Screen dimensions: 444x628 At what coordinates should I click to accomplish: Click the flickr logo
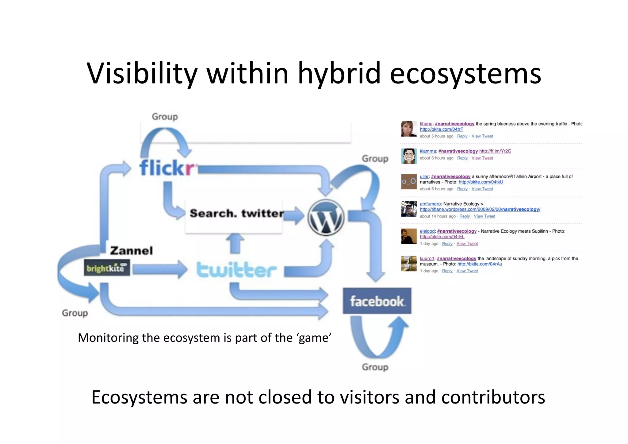point(167,168)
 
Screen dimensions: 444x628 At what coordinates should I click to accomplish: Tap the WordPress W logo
point(326,217)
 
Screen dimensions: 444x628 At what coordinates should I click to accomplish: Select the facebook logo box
point(377,301)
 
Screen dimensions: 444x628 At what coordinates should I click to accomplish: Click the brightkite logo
point(107,268)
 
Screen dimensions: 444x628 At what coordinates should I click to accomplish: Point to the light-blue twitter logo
point(236,270)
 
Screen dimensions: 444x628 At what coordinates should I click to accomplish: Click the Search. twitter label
point(236,213)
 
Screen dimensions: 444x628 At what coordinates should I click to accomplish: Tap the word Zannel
point(131,250)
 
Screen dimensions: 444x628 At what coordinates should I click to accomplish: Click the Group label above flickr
point(165,117)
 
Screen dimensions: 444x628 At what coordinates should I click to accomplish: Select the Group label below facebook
point(375,367)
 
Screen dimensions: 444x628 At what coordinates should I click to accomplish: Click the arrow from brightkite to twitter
point(159,269)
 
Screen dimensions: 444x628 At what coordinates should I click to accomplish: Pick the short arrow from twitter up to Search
point(235,243)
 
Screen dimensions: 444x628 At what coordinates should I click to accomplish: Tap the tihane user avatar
point(409,129)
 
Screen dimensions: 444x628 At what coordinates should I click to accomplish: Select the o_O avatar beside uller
point(409,181)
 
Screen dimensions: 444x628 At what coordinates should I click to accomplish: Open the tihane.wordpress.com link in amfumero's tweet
point(480,209)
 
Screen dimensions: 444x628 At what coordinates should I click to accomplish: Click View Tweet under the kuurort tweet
point(467,271)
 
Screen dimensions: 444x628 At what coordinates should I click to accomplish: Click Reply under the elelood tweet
point(447,243)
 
